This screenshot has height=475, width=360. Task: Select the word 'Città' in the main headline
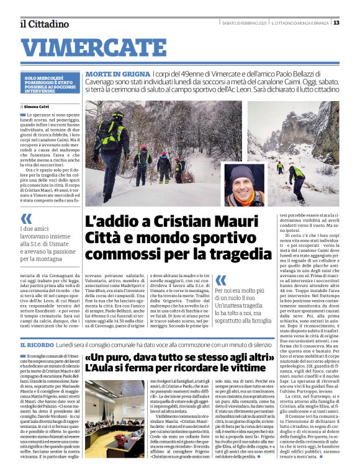(x=106, y=238)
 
